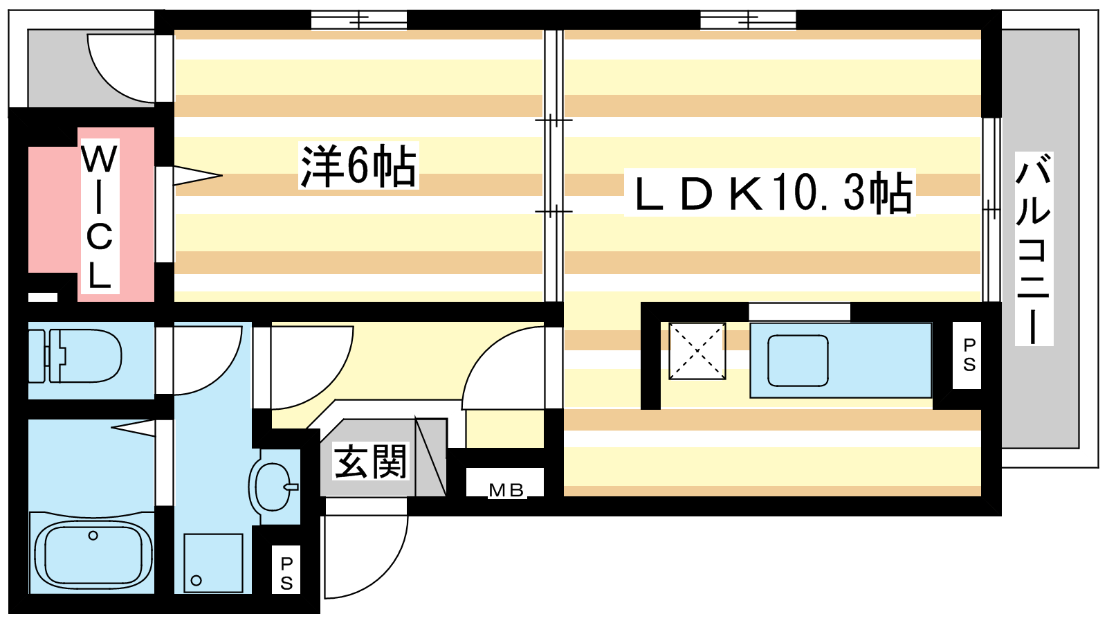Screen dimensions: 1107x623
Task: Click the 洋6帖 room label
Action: pos(358,165)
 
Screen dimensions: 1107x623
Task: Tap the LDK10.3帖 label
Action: pos(770,193)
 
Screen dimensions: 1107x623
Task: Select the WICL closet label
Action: pos(100,217)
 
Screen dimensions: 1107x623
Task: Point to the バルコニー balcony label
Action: pos(1034,249)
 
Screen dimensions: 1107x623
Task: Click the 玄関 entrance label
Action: pos(370,461)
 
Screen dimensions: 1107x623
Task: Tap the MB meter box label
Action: pos(506,490)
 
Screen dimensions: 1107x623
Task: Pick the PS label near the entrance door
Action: pos(286,573)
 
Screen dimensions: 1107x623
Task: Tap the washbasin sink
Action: pos(273,487)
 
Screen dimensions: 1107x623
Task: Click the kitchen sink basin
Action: pos(798,361)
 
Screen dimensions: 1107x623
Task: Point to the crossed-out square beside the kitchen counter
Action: pos(697,351)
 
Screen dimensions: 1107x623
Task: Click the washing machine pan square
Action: pos(214,563)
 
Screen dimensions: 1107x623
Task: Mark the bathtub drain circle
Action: pos(93,536)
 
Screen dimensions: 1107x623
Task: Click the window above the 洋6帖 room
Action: pos(359,20)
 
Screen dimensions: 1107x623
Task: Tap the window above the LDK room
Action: pos(748,20)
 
